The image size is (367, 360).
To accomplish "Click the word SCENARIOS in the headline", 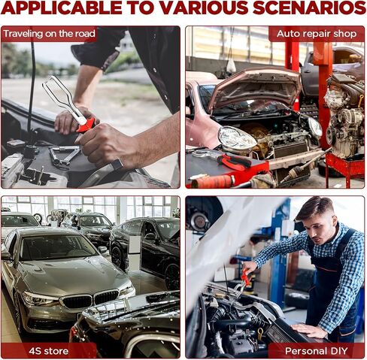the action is pos(309,8).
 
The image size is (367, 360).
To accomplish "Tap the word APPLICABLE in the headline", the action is pos(62,8).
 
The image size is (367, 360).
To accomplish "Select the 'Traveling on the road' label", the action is pos(49,34).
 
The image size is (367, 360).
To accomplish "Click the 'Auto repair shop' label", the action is pos(317,34).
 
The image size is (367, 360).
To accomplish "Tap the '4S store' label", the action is pos(49,351).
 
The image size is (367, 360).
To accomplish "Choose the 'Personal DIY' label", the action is pos(317,351).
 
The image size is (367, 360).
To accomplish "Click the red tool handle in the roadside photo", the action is pos(86,125).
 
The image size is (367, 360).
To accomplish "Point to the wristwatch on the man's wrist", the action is pos(117,165).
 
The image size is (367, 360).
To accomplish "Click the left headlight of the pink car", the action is pos(236,138).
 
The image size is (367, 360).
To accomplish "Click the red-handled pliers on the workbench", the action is pos(235,162).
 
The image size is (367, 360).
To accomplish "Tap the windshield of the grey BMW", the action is pos(56,247).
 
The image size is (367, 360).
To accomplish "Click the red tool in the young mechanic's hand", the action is pos(246,277).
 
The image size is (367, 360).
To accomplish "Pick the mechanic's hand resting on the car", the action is pos(306,330).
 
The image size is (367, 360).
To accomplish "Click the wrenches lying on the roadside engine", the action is pos(65,156).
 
